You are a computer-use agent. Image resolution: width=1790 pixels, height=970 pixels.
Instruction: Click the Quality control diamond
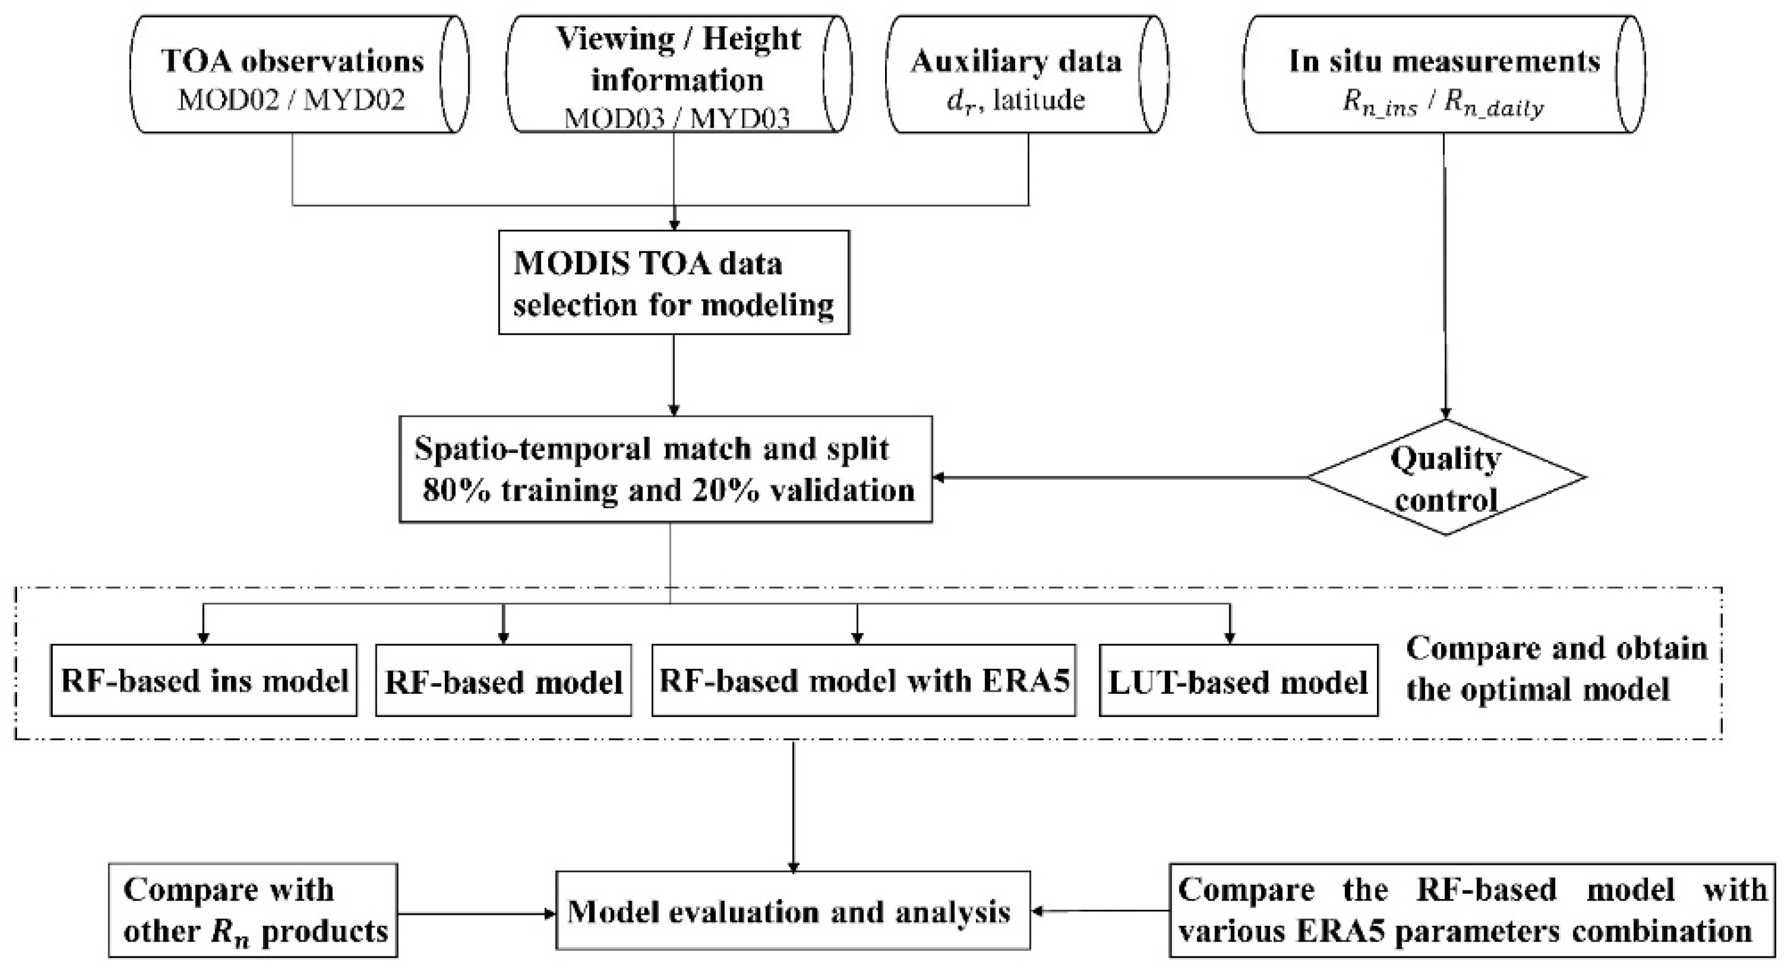coord(1447,478)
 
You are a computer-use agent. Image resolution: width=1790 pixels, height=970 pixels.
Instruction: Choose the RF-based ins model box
coord(203,681)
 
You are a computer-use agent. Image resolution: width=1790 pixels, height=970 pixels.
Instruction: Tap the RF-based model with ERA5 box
coord(863,681)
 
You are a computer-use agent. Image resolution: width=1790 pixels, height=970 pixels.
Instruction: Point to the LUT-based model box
coord(1238,681)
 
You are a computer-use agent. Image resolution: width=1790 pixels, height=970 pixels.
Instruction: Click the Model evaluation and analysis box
coord(792,911)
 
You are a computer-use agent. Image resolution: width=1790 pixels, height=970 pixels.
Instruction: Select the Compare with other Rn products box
coord(253,910)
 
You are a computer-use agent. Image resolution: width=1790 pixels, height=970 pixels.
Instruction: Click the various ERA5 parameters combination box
coord(1472,910)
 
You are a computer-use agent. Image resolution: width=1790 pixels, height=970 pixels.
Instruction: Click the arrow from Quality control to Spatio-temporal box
coord(1119,478)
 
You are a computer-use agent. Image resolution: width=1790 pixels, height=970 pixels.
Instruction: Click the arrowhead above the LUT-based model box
coord(1230,638)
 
